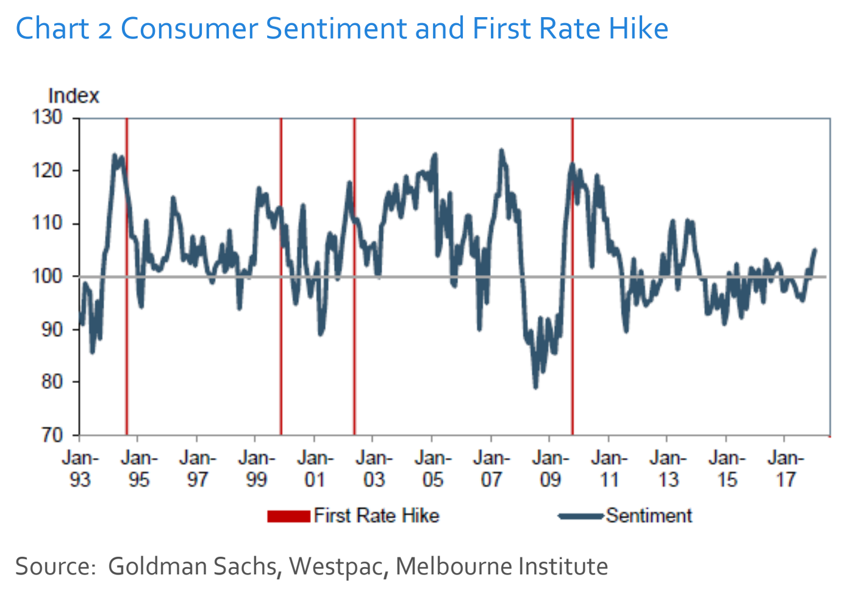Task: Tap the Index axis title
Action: click(x=73, y=96)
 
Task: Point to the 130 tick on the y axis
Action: click(x=47, y=117)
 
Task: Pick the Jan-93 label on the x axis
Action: click(x=80, y=469)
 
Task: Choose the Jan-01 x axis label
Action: click(x=315, y=469)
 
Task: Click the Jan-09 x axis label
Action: click(x=550, y=469)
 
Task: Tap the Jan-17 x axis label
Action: click(x=785, y=469)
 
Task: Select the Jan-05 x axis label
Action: click(x=432, y=469)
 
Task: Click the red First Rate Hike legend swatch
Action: click(x=288, y=517)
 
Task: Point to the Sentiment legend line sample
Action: click(x=580, y=517)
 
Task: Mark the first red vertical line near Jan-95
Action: click(x=127, y=274)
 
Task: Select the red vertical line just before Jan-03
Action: click(x=354, y=274)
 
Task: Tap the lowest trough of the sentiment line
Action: click(x=535, y=387)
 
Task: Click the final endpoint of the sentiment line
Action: click(x=815, y=249)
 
